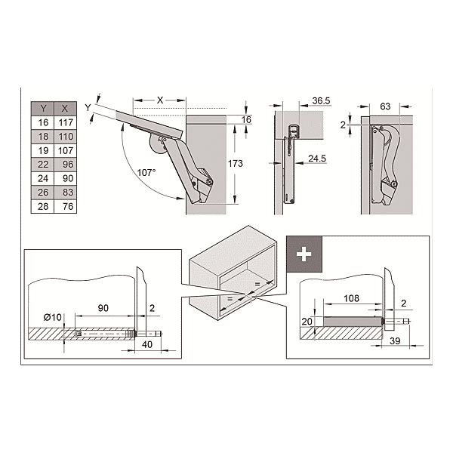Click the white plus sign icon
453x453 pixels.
304,254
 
